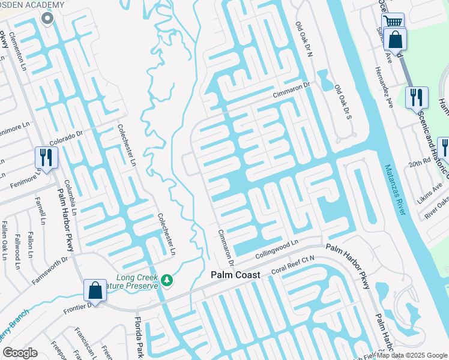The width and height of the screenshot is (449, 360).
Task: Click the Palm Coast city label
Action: click(235, 275)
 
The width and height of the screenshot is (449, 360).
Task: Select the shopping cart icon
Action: click(393, 22)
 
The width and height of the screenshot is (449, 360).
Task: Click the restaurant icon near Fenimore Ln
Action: click(46, 158)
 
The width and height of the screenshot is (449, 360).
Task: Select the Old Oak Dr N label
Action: click(304, 39)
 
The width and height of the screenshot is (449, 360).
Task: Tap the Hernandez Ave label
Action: click(384, 87)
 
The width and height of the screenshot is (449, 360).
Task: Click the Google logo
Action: click(19, 353)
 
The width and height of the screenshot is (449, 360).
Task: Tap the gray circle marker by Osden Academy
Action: click(47, 18)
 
